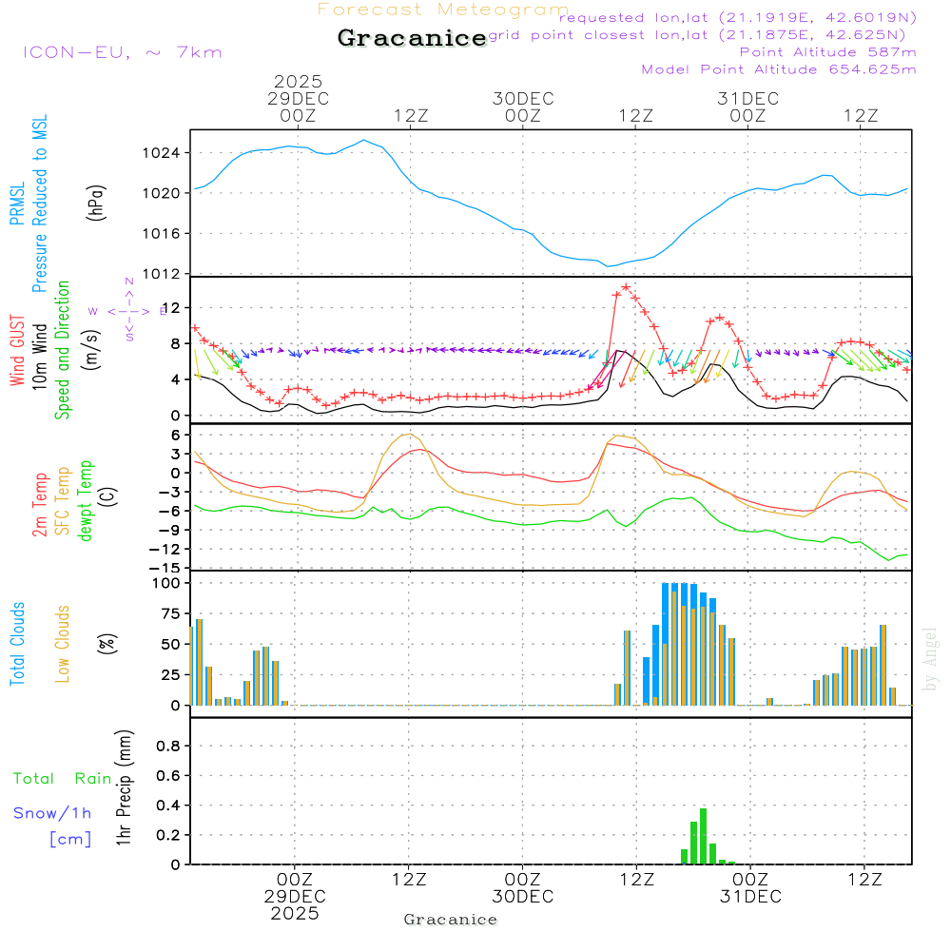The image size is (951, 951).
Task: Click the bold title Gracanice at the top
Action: (x=412, y=39)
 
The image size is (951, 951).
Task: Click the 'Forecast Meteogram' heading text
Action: (x=443, y=10)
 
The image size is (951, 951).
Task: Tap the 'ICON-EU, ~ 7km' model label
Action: (x=122, y=52)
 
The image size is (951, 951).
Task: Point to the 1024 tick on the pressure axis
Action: (x=165, y=153)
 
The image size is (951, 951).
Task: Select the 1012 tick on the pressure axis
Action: (x=165, y=274)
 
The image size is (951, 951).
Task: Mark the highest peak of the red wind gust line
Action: (x=626, y=286)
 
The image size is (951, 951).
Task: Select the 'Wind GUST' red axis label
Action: (x=18, y=353)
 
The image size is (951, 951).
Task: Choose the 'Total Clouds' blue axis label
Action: (x=18, y=644)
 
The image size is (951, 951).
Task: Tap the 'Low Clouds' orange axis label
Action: (x=64, y=644)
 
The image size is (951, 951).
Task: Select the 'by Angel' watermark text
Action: (x=930, y=659)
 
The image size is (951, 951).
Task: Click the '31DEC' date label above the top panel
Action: (x=747, y=99)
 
